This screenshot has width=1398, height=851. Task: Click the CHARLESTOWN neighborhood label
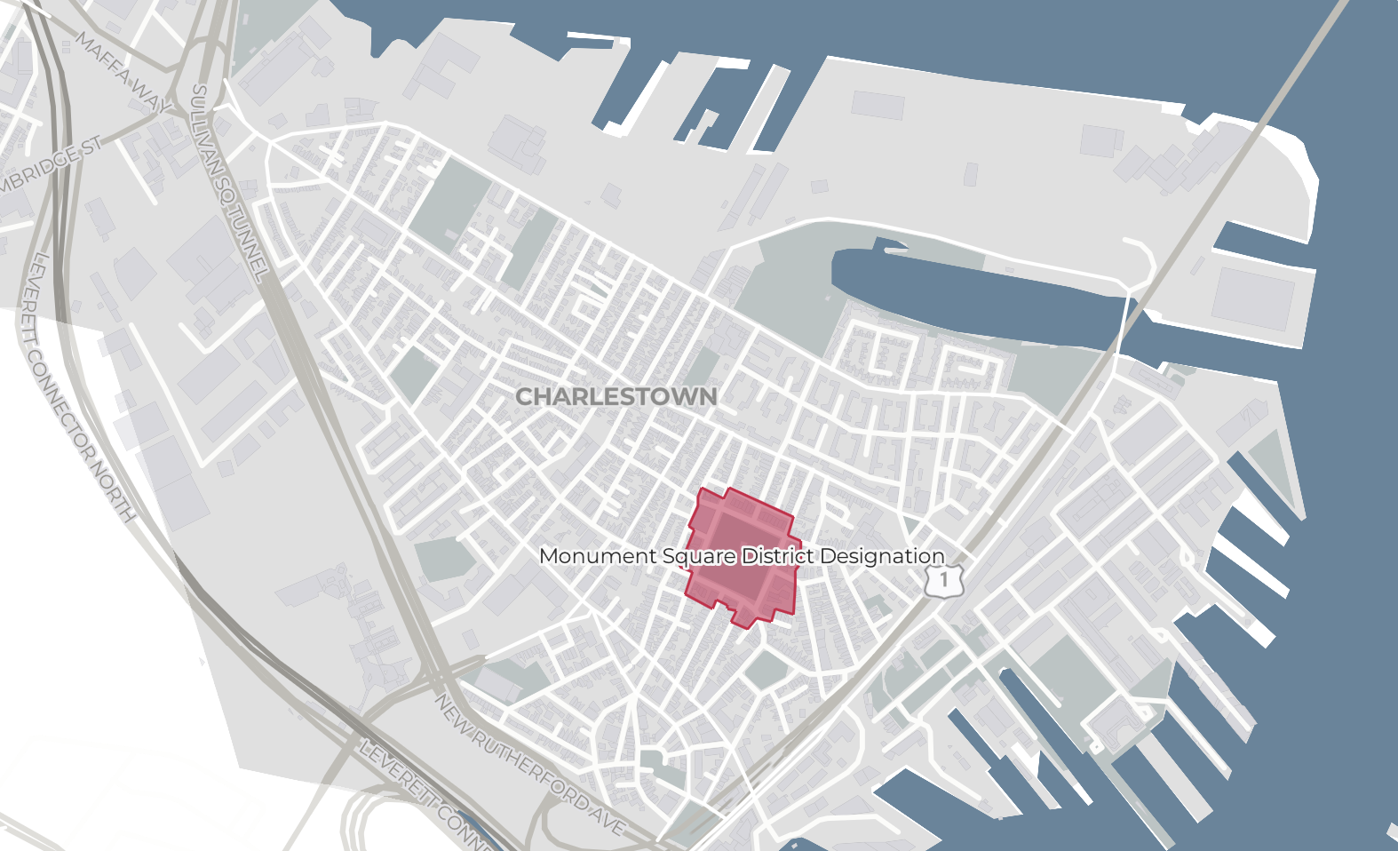616,396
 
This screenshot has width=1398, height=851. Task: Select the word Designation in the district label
882,556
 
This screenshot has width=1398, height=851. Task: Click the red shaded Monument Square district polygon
742,586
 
